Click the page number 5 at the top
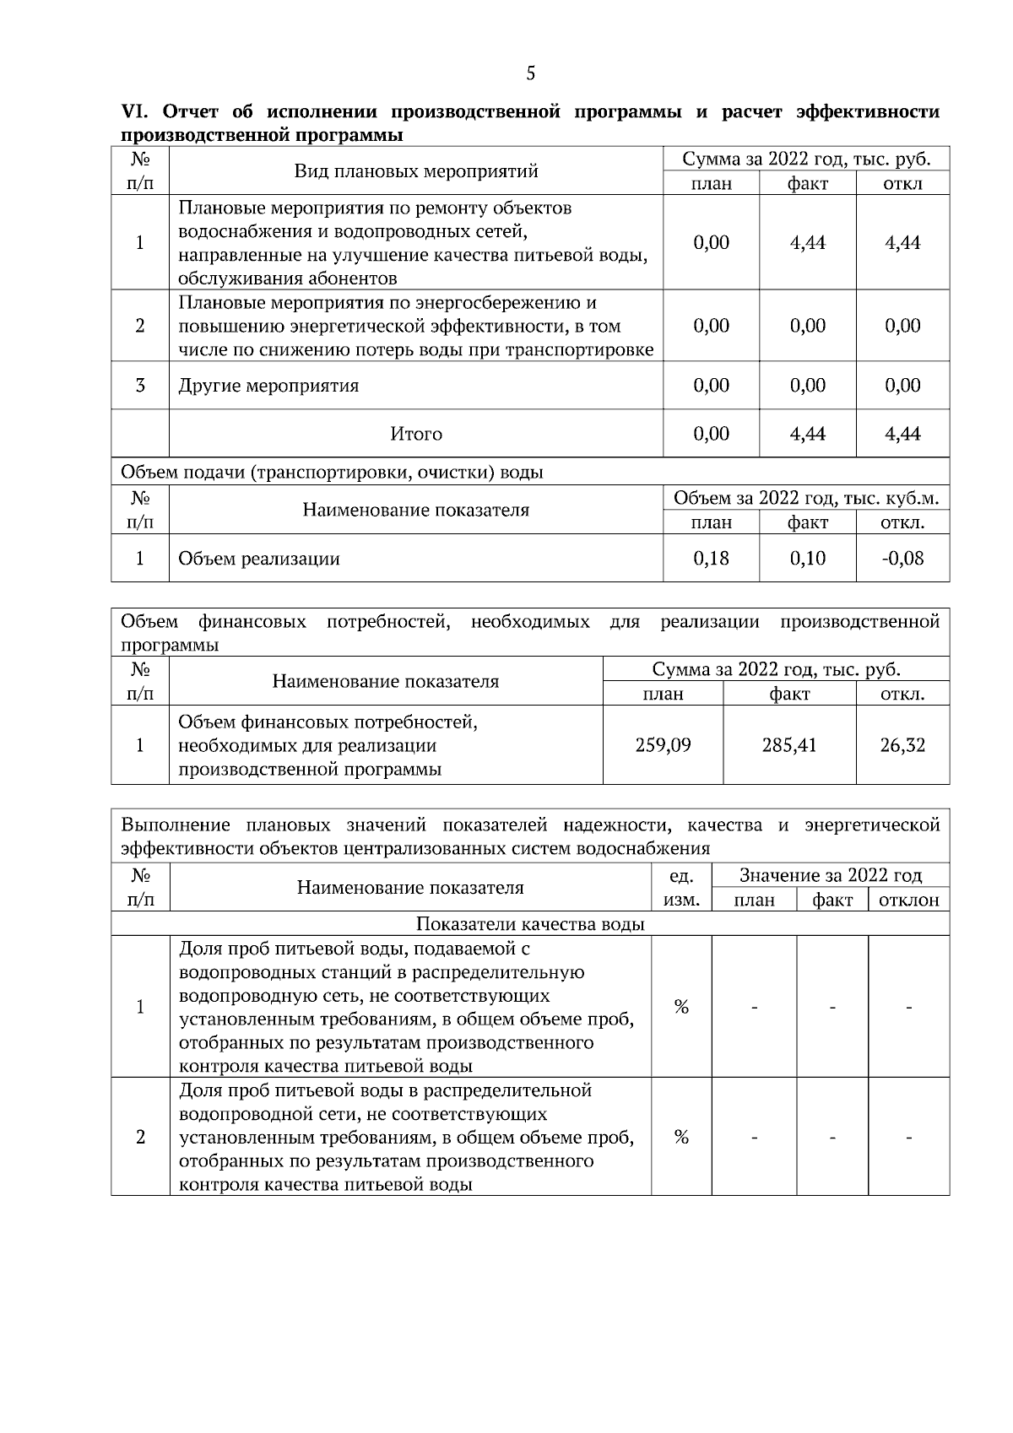coord(530,73)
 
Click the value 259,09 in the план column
coord(663,745)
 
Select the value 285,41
coord(789,745)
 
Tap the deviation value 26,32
coord(902,745)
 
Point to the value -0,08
coord(902,558)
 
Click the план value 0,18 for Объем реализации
coord(711,558)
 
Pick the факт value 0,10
coord(807,558)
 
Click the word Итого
coord(416,434)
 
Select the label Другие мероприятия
coord(268,386)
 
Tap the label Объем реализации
coord(259,558)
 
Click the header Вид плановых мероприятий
coord(416,171)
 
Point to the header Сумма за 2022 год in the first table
coord(806,160)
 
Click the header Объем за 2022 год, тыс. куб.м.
coord(806,498)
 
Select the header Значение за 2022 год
coord(831,875)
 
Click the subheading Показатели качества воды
coord(530,924)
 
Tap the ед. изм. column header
coord(681,888)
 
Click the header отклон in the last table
coord(909,900)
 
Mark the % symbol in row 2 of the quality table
coord(681,1137)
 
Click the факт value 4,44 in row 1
coord(807,243)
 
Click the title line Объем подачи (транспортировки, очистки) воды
coord(332,472)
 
